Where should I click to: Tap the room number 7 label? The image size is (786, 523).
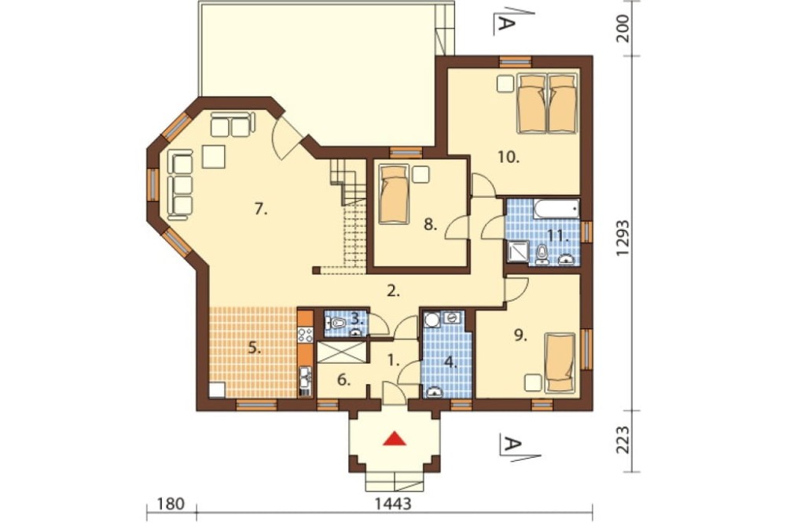tap(260, 208)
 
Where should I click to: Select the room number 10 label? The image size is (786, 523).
tap(509, 157)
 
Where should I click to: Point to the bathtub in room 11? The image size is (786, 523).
tap(556, 210)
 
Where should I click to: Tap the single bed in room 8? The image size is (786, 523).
tap(393, 194)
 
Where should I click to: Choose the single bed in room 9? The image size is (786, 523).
tap(560, 362)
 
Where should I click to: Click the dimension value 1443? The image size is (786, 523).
tap(393, 503)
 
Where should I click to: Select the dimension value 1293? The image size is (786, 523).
tap(623, 238)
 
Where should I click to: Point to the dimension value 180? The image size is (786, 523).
tap(171, 503)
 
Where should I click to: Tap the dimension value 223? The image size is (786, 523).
tap(623, 440)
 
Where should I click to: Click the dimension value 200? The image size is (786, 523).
tap(623, 28)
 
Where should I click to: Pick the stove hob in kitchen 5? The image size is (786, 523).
tap(305, 335)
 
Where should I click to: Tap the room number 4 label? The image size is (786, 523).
tap(452, 362)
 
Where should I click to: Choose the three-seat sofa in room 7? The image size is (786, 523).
tap(181, 185)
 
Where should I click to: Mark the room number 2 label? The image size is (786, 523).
tap(394, 291)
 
